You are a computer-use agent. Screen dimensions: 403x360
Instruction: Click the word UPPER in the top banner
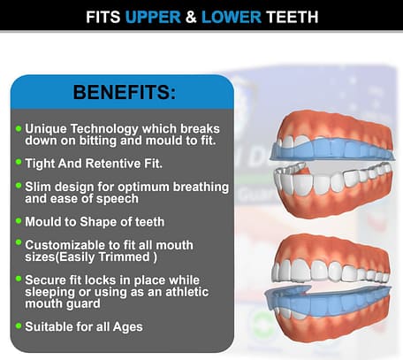[x=153, y=17]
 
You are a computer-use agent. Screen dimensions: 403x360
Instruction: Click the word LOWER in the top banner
[x=232, y=17]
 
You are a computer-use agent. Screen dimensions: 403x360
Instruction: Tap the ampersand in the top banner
[x=191, y=17]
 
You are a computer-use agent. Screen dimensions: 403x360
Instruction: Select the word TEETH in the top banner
[x=293, y=17]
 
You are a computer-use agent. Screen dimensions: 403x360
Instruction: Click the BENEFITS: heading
[x=125, y=92]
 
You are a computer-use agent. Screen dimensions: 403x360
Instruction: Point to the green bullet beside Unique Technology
[x=19, y=128]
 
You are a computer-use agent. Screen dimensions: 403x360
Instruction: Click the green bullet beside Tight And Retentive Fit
[x=19, y=162]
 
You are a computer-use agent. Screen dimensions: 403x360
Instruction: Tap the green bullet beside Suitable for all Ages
[x=19, y=326]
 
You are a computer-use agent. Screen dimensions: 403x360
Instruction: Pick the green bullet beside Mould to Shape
[x=19, y=220]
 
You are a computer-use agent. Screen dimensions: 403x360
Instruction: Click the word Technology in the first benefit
[x=104, y=129]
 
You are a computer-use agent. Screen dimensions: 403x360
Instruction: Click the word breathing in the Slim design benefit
[x=201, y=188]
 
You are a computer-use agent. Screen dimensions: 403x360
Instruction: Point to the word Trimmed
[x=124, y=257]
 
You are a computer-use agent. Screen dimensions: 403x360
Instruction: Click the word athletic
[x=187, y=292]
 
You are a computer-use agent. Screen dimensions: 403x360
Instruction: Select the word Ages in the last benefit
[x=127, y=327]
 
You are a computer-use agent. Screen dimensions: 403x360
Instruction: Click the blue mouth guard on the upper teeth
[x=331, y=149]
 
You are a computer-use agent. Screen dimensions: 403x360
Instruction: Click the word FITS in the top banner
[x=103, y=17]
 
